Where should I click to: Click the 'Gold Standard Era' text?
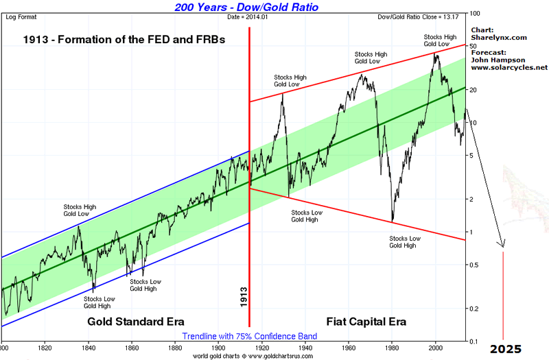coord(136,321)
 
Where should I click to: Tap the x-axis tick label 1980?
coord(393,347)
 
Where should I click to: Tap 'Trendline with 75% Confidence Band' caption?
coord(250,336)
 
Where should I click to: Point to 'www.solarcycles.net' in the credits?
coord(509,68)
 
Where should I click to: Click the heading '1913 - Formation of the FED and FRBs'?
coord(124,40)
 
